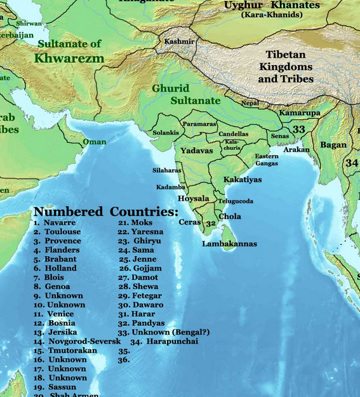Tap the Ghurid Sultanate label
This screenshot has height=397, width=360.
click(186, 95)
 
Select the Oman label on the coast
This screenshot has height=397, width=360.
click(94, 142)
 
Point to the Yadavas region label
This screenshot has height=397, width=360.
click(196, 151)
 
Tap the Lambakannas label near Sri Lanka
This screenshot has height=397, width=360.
click(229, 244)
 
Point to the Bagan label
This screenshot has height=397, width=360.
click(333, 145)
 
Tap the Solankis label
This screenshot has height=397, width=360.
click(166, 133)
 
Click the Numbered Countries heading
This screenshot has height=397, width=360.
click(105, 212)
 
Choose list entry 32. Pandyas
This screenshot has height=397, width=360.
click(140, 323)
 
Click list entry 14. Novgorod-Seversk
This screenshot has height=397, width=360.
click(77, 342)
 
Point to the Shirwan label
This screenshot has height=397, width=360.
click(29, 24)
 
